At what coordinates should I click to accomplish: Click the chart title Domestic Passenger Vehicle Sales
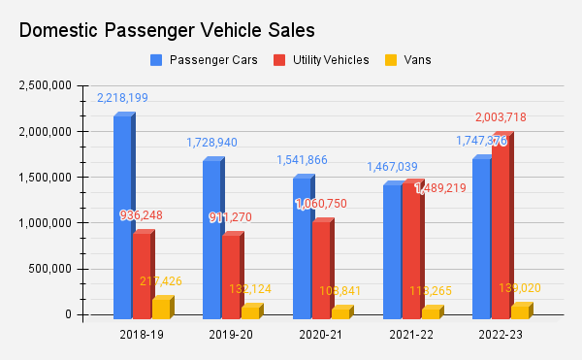[167, 31]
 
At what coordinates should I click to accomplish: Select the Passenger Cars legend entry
[205, 60]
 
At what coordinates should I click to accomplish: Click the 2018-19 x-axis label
[143, 335]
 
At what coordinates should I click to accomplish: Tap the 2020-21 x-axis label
[323, 335]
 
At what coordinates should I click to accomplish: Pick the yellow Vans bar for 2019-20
[251, 312]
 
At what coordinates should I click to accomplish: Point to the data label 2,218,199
[122, 98]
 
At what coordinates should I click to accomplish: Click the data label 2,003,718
[500, 117]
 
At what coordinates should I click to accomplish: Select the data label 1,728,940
[211, 143]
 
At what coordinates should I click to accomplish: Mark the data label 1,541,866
[302, 160]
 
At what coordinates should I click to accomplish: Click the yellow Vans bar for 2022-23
[521, 311]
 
